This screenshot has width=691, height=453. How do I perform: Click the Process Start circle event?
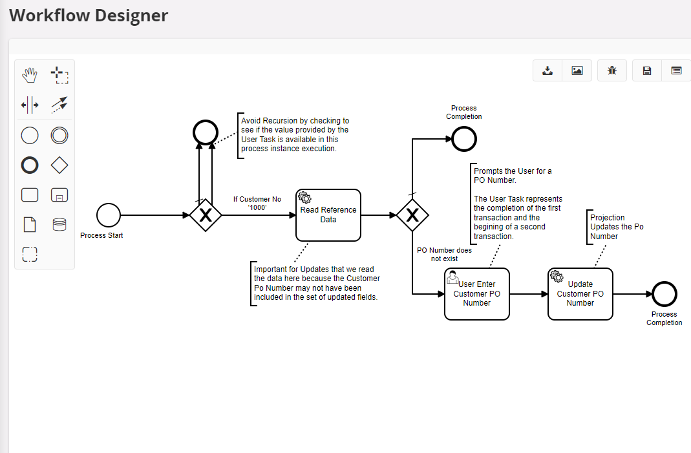(109, 215)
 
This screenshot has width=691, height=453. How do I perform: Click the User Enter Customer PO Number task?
(477, 294)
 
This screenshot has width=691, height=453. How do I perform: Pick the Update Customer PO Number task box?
(580, 294)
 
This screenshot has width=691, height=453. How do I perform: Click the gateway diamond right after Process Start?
(206, 215)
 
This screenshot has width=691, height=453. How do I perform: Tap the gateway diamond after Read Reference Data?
(412, 215)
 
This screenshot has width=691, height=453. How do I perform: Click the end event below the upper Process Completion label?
(464, 139)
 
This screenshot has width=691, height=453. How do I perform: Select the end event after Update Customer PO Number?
(664, 294)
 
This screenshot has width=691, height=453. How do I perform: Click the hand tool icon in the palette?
(30, 75)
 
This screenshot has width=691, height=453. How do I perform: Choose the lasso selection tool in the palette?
(59, 75)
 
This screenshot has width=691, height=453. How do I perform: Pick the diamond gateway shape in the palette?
(59, 165)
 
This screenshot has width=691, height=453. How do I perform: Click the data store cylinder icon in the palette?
(59, 224)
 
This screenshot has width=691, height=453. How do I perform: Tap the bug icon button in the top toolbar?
(612, 70)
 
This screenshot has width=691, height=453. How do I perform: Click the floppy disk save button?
(646, 70)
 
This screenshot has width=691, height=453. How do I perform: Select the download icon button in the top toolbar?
(547, 70)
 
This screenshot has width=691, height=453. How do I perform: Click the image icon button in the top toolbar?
(577, 70)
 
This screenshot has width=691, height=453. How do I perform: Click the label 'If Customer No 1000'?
(257, 204)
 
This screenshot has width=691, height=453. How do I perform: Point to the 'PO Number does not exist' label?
(444, 255)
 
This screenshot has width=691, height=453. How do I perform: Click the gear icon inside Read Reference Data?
(304, 198)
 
